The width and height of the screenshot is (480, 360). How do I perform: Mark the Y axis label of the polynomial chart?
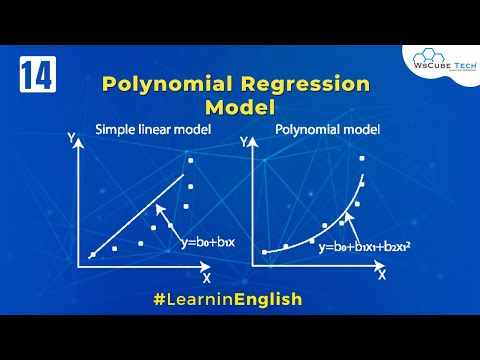tap(252, 143)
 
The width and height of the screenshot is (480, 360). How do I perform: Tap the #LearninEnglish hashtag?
tap(240, 298)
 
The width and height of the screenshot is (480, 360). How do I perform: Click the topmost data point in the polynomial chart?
tap(361, 159)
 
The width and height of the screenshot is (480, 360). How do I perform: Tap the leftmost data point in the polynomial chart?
tap(265, 252)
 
